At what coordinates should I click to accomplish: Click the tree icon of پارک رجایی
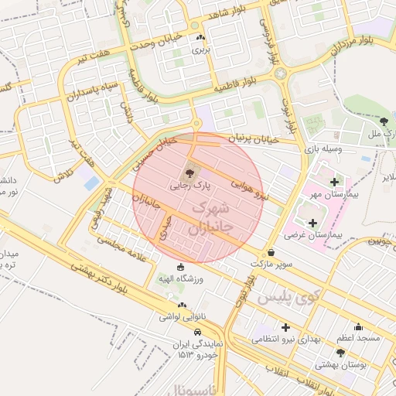pyautogui.click(x=190, y=172)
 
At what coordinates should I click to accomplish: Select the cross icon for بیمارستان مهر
pyautogui.click(x=334, y=182)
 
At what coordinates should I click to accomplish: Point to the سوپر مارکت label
pyautogui.click(x=271, y=264)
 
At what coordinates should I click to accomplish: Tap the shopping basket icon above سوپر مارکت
pyautogui.click(x=270, y=251)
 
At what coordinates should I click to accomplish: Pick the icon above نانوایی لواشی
pyautogui.click(x=181, y=304)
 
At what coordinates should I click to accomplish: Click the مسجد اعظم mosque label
pyautogui.click(x=357, y=339)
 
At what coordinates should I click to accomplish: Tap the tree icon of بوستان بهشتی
pyautogui.click(x=340, y=352)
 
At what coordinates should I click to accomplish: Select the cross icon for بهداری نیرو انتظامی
pyautogui.click(x=287, y=328)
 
